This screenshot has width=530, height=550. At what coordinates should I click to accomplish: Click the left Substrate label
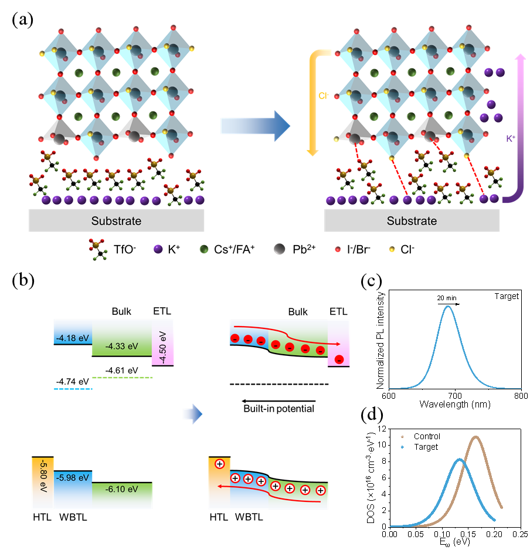pos(116,221)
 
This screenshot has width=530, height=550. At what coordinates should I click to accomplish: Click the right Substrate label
pos(412,221)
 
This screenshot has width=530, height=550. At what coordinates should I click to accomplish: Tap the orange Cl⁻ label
pos(323,96)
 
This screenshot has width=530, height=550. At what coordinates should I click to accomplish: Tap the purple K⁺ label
pos(511,139)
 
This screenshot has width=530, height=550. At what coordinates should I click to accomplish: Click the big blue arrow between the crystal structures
pos(255,125)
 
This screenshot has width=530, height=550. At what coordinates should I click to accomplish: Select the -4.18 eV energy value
pos(72,338)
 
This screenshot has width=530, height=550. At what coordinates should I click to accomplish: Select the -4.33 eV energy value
pos(121,346)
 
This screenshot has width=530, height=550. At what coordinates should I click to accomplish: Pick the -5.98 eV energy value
pos(73,477)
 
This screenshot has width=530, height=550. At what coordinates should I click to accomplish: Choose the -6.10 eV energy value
pos(121,488)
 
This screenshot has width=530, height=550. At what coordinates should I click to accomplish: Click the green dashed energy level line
pos(123,378)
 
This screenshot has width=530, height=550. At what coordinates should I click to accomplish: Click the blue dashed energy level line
pos(73,389)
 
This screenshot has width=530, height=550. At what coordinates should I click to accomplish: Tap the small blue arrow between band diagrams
pos(192,414)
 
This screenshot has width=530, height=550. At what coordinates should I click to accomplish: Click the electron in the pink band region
pos(338,359)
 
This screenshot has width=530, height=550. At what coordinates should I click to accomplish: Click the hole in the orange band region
pos(219,464)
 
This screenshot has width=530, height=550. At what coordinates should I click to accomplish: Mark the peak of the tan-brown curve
pos(475,437)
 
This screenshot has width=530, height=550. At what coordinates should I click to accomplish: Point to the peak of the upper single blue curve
pos(449,306)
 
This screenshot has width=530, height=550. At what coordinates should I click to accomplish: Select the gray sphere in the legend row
pos(279,249)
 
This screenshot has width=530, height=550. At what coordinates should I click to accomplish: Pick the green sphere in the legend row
pos(204,249)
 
